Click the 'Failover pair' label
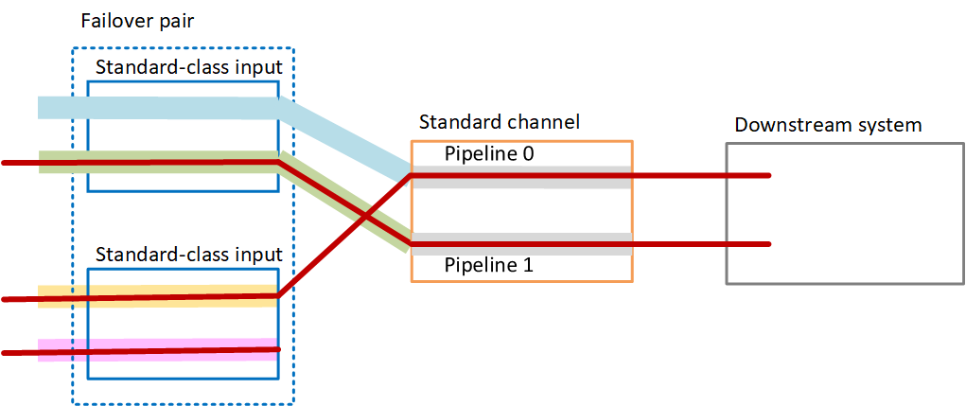[x=138, y=21]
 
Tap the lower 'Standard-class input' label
[x=189, y=255]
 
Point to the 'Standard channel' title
[x=499, y=122]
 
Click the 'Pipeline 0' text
[x=489, y=153]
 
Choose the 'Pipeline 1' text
[x=489, y=266]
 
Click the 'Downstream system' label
[x=828, y=125]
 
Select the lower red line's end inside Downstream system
[x=768, y=245]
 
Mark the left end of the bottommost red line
[x=6, y=353]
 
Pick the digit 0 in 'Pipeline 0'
[x=527, y=153]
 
